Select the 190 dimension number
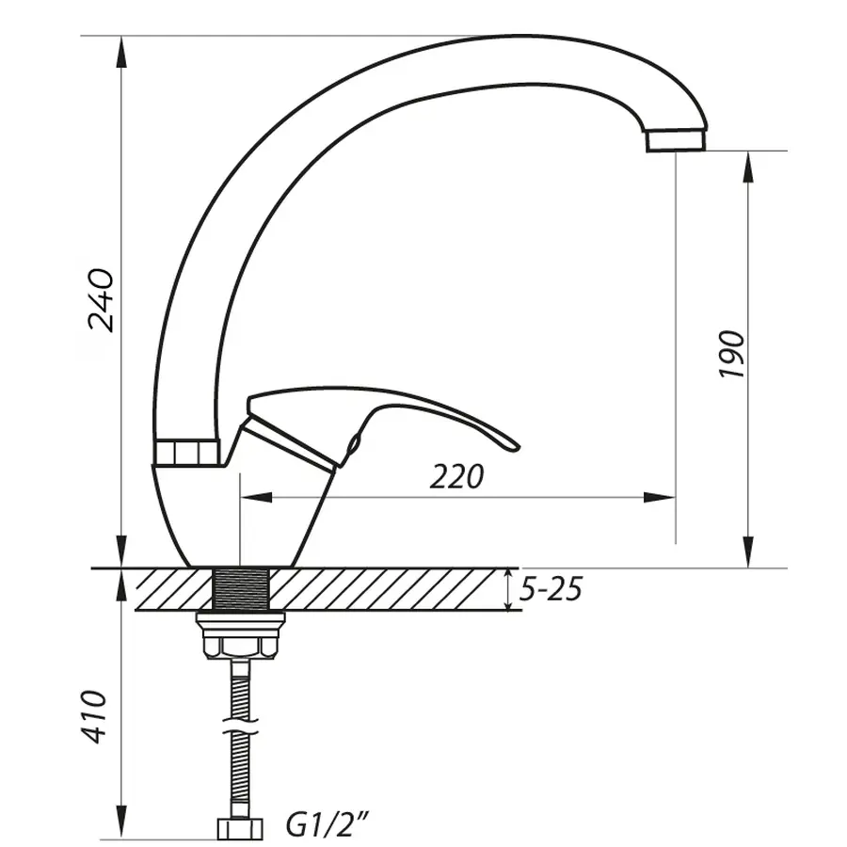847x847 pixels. click(732, 354)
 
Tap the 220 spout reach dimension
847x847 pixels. click(456, 477)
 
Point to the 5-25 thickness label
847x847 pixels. click(551, 590)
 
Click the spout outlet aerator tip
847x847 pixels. click(675, 140)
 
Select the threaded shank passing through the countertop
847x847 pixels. click(241, 590)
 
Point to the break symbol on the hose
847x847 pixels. click(242, 727)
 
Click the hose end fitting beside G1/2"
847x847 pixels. click(241, 827)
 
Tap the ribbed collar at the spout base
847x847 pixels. click(187, 453)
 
